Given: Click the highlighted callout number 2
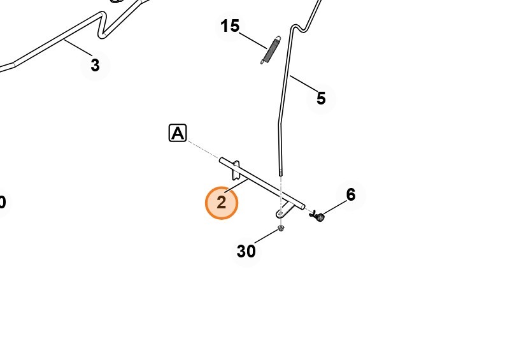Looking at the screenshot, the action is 222,203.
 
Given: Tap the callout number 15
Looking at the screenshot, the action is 230,26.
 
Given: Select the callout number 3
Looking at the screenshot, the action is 95,65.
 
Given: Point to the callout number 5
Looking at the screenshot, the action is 321,98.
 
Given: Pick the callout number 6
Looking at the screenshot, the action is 351,195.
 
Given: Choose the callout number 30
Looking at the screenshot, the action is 246,251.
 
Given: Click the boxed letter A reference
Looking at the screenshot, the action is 178,133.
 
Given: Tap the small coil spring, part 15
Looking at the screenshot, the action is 271,50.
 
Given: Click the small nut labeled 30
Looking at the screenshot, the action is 281,228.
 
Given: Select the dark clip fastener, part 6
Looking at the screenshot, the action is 317,216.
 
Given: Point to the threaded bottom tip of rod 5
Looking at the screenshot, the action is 281,173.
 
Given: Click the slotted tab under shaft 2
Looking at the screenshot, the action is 284,211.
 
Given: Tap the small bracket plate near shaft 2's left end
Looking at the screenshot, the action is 236,171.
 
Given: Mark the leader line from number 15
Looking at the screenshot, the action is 253,41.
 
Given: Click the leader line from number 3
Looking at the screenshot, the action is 78,48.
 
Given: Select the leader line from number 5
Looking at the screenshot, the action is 304,84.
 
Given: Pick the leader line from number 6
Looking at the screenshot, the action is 335,207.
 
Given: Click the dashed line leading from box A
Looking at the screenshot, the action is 204,150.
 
